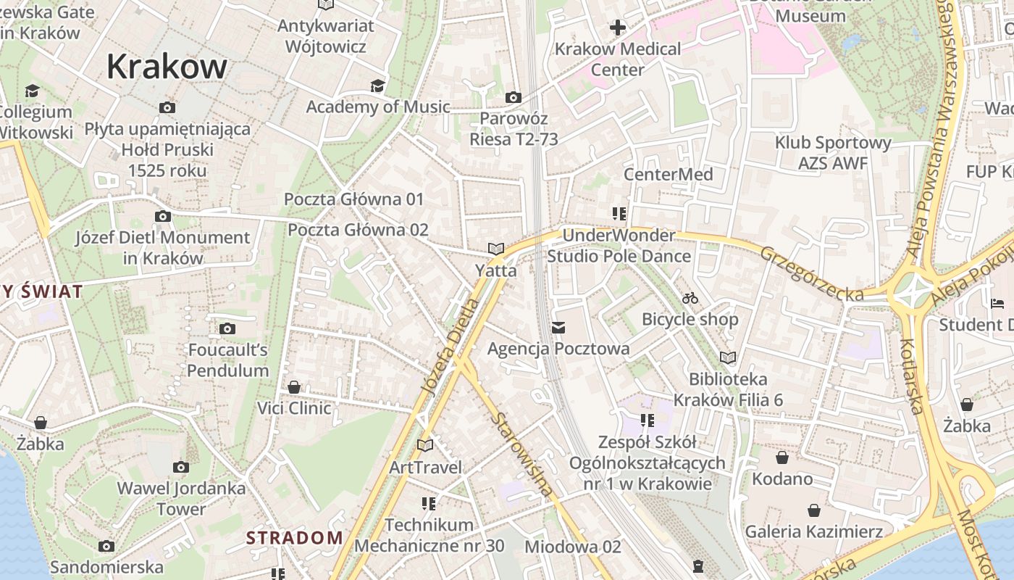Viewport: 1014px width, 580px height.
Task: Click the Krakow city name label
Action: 167,67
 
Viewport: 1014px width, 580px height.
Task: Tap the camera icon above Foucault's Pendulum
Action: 227,329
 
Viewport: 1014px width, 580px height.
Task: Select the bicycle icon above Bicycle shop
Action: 690,298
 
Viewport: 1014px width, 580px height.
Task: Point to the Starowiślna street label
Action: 521,454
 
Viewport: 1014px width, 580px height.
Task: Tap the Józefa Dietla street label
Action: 450,347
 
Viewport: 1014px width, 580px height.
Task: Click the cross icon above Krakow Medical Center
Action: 618,28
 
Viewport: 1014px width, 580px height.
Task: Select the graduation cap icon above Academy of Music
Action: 377,86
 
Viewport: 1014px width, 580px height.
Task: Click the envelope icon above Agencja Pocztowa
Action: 558,328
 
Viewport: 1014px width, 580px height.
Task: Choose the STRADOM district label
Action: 294,538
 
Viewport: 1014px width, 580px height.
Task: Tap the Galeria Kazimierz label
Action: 814,531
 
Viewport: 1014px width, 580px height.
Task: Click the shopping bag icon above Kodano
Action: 782,457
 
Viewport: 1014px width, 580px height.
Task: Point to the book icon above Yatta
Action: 496,249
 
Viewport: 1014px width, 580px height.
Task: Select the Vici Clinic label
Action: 294,408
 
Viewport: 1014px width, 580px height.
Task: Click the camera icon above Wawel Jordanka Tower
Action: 181,468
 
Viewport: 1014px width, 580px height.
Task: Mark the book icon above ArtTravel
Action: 425,445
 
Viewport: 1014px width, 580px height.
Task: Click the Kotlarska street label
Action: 911,376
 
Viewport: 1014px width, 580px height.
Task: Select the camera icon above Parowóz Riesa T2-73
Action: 514,97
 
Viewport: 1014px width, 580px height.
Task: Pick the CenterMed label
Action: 669,174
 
